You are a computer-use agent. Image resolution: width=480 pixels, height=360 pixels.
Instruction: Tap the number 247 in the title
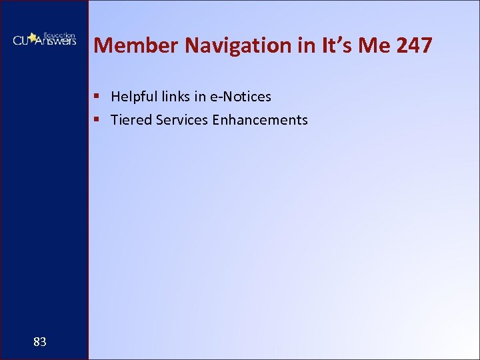click(413, 45)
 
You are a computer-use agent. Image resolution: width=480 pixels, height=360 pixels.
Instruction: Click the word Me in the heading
click(369, 45)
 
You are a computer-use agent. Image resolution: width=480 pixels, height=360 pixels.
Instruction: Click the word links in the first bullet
click(174, 97)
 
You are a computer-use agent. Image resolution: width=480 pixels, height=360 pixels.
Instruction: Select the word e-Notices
click(241, 97)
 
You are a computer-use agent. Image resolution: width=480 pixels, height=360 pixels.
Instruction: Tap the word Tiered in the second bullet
click(129, 120)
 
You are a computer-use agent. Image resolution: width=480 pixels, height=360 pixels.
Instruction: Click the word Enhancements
click(260, 120)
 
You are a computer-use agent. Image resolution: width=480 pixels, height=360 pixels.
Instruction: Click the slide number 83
click(40, 342)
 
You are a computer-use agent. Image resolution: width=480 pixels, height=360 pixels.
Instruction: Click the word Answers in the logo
click(57, 41)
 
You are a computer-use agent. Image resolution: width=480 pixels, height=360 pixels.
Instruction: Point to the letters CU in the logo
click(21, 41)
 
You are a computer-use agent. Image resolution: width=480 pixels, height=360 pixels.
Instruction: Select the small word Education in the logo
click(59, 34)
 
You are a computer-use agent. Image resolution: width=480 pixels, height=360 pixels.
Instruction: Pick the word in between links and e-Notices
click(200, 97)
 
